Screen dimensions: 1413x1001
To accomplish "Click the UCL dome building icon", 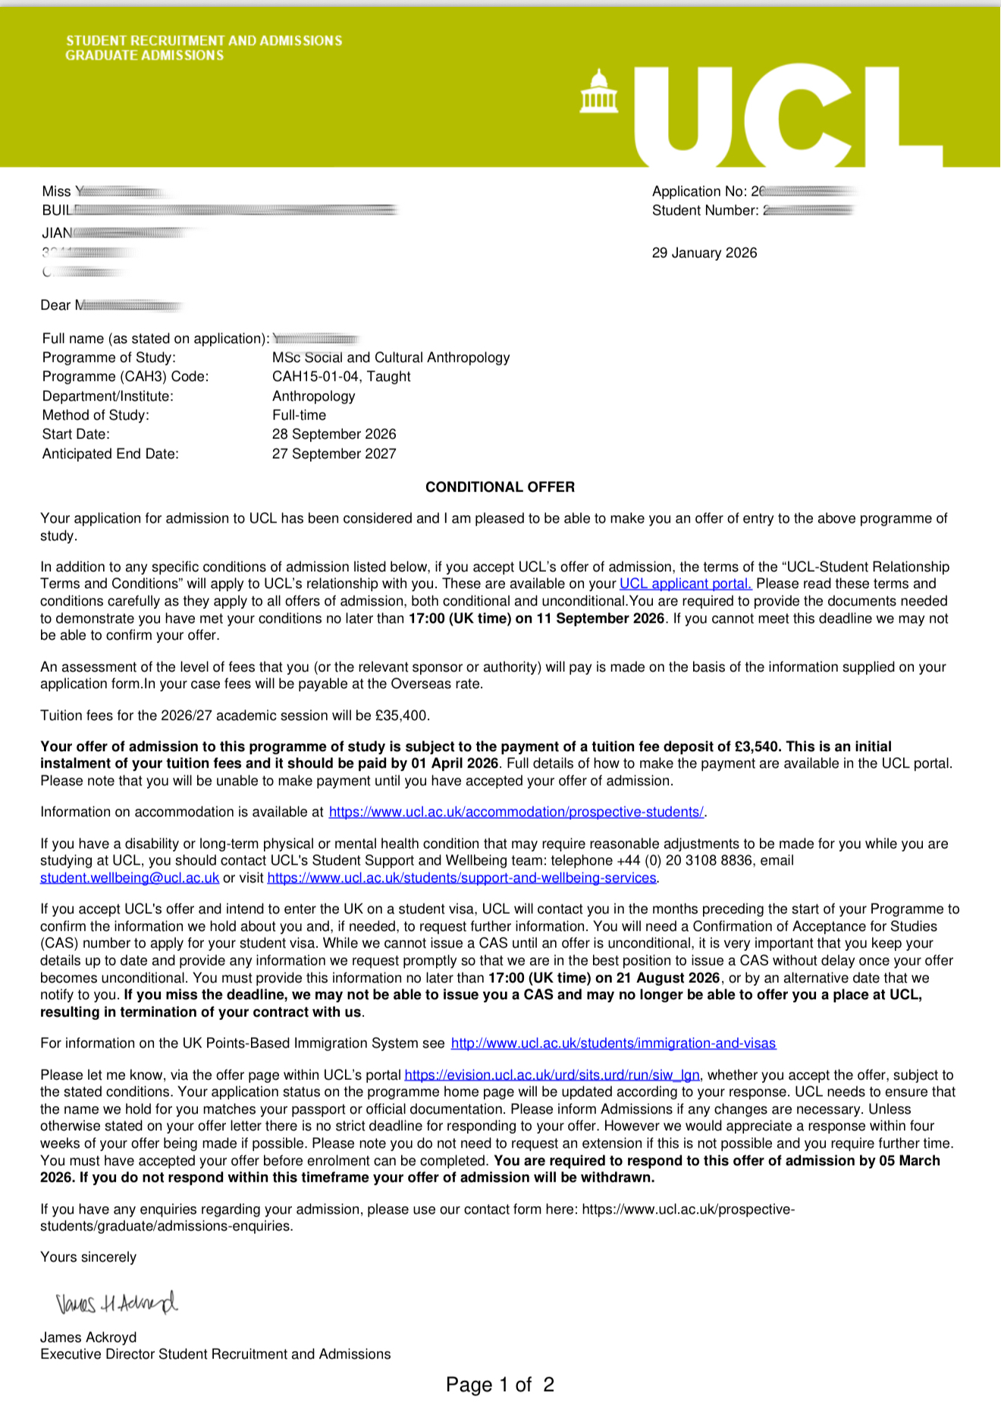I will tap(598, 92).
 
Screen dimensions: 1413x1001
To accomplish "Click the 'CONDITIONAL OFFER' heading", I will tap(500, 487).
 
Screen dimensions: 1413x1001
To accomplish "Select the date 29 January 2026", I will tap(704, 253).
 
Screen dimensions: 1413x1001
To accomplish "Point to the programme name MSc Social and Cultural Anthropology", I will tap(391, 357).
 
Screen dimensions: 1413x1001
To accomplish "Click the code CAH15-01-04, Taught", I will tap(341, 376).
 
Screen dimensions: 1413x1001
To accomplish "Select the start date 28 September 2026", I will tap(334, 434).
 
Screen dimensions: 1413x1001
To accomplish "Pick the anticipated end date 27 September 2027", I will tap(334, 454).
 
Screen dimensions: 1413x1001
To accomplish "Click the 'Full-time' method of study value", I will tap(299, 415).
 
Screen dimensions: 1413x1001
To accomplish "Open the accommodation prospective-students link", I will tap(516, 812).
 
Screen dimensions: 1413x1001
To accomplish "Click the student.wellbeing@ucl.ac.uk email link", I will tap(130, 878).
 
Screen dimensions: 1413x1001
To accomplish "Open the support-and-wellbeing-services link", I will tap(461, 878).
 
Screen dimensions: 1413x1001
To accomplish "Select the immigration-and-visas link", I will tap(613, 1043).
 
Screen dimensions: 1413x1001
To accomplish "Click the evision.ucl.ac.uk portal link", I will tap(552, 1075).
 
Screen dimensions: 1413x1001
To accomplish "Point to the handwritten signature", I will tap(116, 1303).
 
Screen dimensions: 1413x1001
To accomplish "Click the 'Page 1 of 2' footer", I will tap(500, 1384).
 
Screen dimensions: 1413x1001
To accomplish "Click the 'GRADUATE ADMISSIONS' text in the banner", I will tap(145, 55).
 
